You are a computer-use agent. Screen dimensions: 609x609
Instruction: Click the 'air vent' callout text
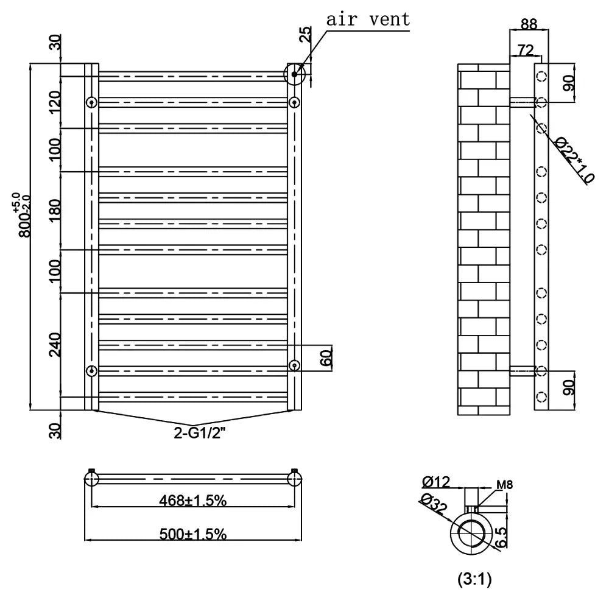pos(368,19)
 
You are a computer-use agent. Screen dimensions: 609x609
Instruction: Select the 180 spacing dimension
pos(55,209)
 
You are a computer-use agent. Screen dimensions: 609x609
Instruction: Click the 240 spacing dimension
pos(55,345)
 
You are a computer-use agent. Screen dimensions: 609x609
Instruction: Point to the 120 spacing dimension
pos(55,102)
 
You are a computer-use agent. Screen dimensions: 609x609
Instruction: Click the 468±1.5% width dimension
pos(194,501)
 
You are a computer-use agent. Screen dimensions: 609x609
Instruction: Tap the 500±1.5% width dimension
pos(194,534)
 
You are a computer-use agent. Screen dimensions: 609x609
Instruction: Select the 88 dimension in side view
pos(529,24)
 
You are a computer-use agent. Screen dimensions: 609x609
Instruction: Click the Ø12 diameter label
pos(436,482)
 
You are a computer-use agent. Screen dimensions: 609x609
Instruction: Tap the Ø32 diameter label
pos(432,504)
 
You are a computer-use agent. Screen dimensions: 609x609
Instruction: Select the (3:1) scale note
pos(474,580)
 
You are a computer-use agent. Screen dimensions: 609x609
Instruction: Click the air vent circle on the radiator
pos(295,74)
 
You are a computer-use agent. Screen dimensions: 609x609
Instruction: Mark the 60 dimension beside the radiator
pos(327,357)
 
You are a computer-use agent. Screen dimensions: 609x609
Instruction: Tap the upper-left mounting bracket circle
pos(91,102)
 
